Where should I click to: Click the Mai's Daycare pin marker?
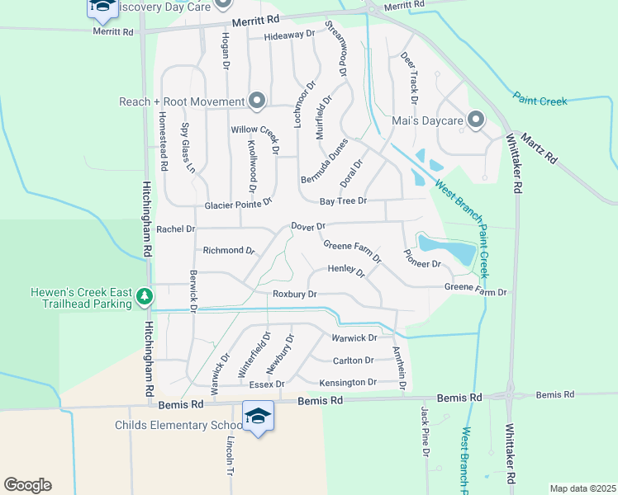coord(475,120)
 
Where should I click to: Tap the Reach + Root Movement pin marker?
coord(256,101)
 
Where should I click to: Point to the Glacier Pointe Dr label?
coord(239,204)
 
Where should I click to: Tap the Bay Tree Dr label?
coord(343,200)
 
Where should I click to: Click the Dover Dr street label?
coord(309,225)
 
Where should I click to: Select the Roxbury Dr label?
coord(295,294)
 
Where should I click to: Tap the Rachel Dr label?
coord(175,229)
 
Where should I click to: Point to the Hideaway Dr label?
coord(290,35)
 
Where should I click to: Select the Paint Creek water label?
coord(540,101)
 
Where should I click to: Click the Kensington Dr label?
coord(348,383)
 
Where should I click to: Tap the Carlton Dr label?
coord(353,361)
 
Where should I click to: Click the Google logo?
coord(27,485)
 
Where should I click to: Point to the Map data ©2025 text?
coord(582,488)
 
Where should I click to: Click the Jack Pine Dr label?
coord(425,431)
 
